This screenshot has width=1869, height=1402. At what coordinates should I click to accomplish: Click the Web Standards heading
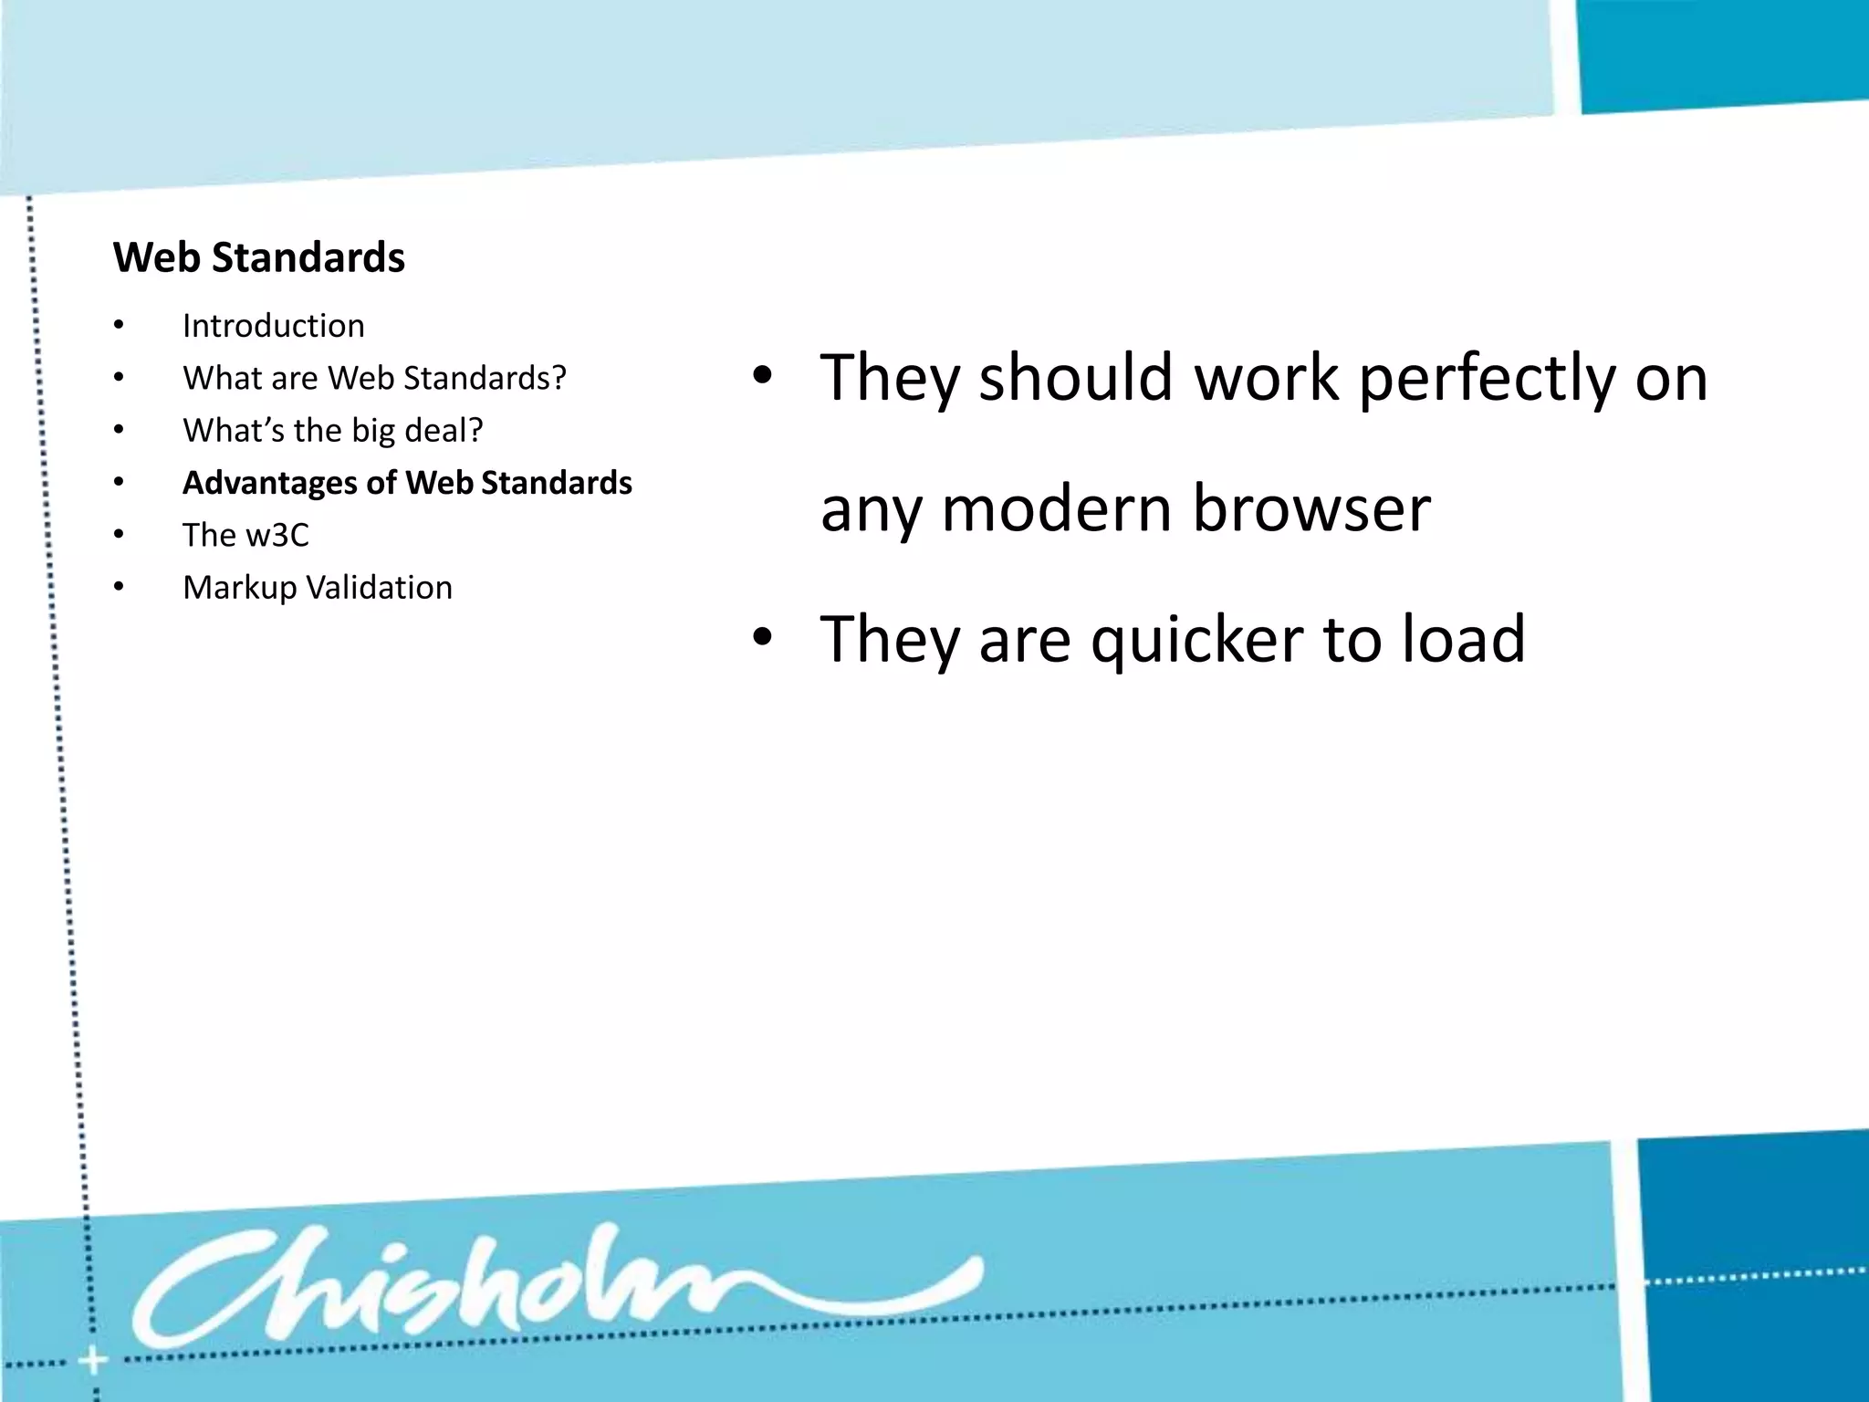coord(259,257)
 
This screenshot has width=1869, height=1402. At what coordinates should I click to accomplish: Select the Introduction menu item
coord(273,326)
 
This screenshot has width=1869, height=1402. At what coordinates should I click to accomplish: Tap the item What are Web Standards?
coord(374,378)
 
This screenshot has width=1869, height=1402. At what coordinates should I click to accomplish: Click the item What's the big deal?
coord(332,430)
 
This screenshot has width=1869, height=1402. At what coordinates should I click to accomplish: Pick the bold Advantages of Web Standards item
coord(407,483)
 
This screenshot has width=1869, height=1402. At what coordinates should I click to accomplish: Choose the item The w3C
coord(245,535)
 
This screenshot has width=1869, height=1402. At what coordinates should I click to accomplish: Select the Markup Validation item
coord(317,588)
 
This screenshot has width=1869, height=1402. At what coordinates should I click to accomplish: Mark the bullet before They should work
coord(762,375)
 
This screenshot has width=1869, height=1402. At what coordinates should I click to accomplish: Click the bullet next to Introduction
coord(119,326)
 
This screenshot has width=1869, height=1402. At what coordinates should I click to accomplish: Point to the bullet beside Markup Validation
coord(119,588)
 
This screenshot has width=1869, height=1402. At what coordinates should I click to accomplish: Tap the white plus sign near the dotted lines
coord(92,1362)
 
